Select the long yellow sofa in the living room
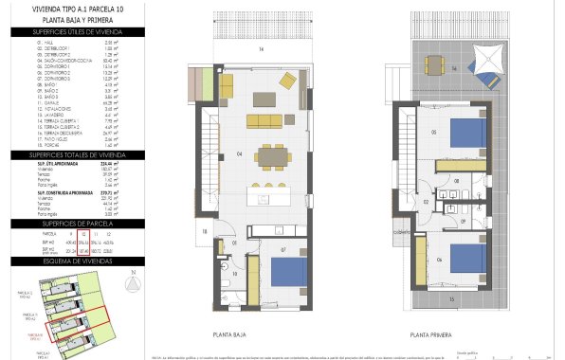click(265, 120)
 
